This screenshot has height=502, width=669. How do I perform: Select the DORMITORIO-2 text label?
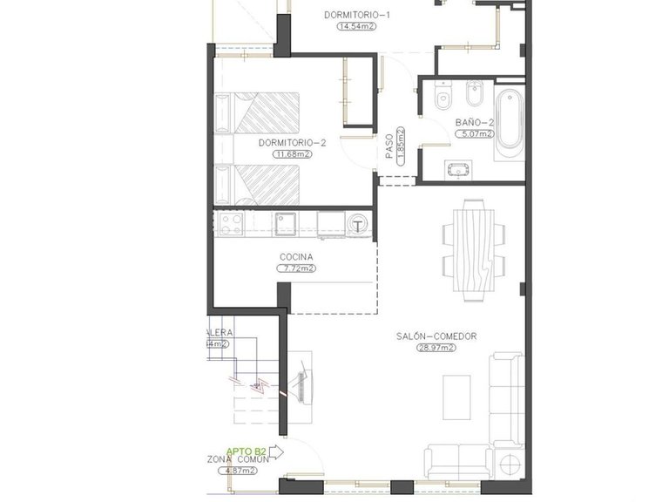pyautogui.click(x=292, y=142)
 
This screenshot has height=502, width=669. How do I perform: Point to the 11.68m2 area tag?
pyautogui.click(x=292, y=154)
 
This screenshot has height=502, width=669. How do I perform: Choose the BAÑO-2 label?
pyautogui.click(x=475, y=123)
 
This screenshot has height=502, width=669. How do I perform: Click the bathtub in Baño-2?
pyautogui.click(x=509, y=122)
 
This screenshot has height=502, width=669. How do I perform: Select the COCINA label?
pyautogui.click(x=295, y=257)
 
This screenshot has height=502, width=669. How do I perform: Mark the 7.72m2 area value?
pyautogui.click(x=295, y=269)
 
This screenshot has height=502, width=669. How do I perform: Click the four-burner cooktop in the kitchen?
pyautogui.click(x=230, y=225)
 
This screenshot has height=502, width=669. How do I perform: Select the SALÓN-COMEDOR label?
pyautogui.click(x=436, y=336)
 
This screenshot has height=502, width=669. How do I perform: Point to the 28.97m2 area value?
pyautogui.click(x=436, y=348)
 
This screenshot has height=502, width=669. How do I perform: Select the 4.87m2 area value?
pyautogui.click(x=237, y=471)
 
